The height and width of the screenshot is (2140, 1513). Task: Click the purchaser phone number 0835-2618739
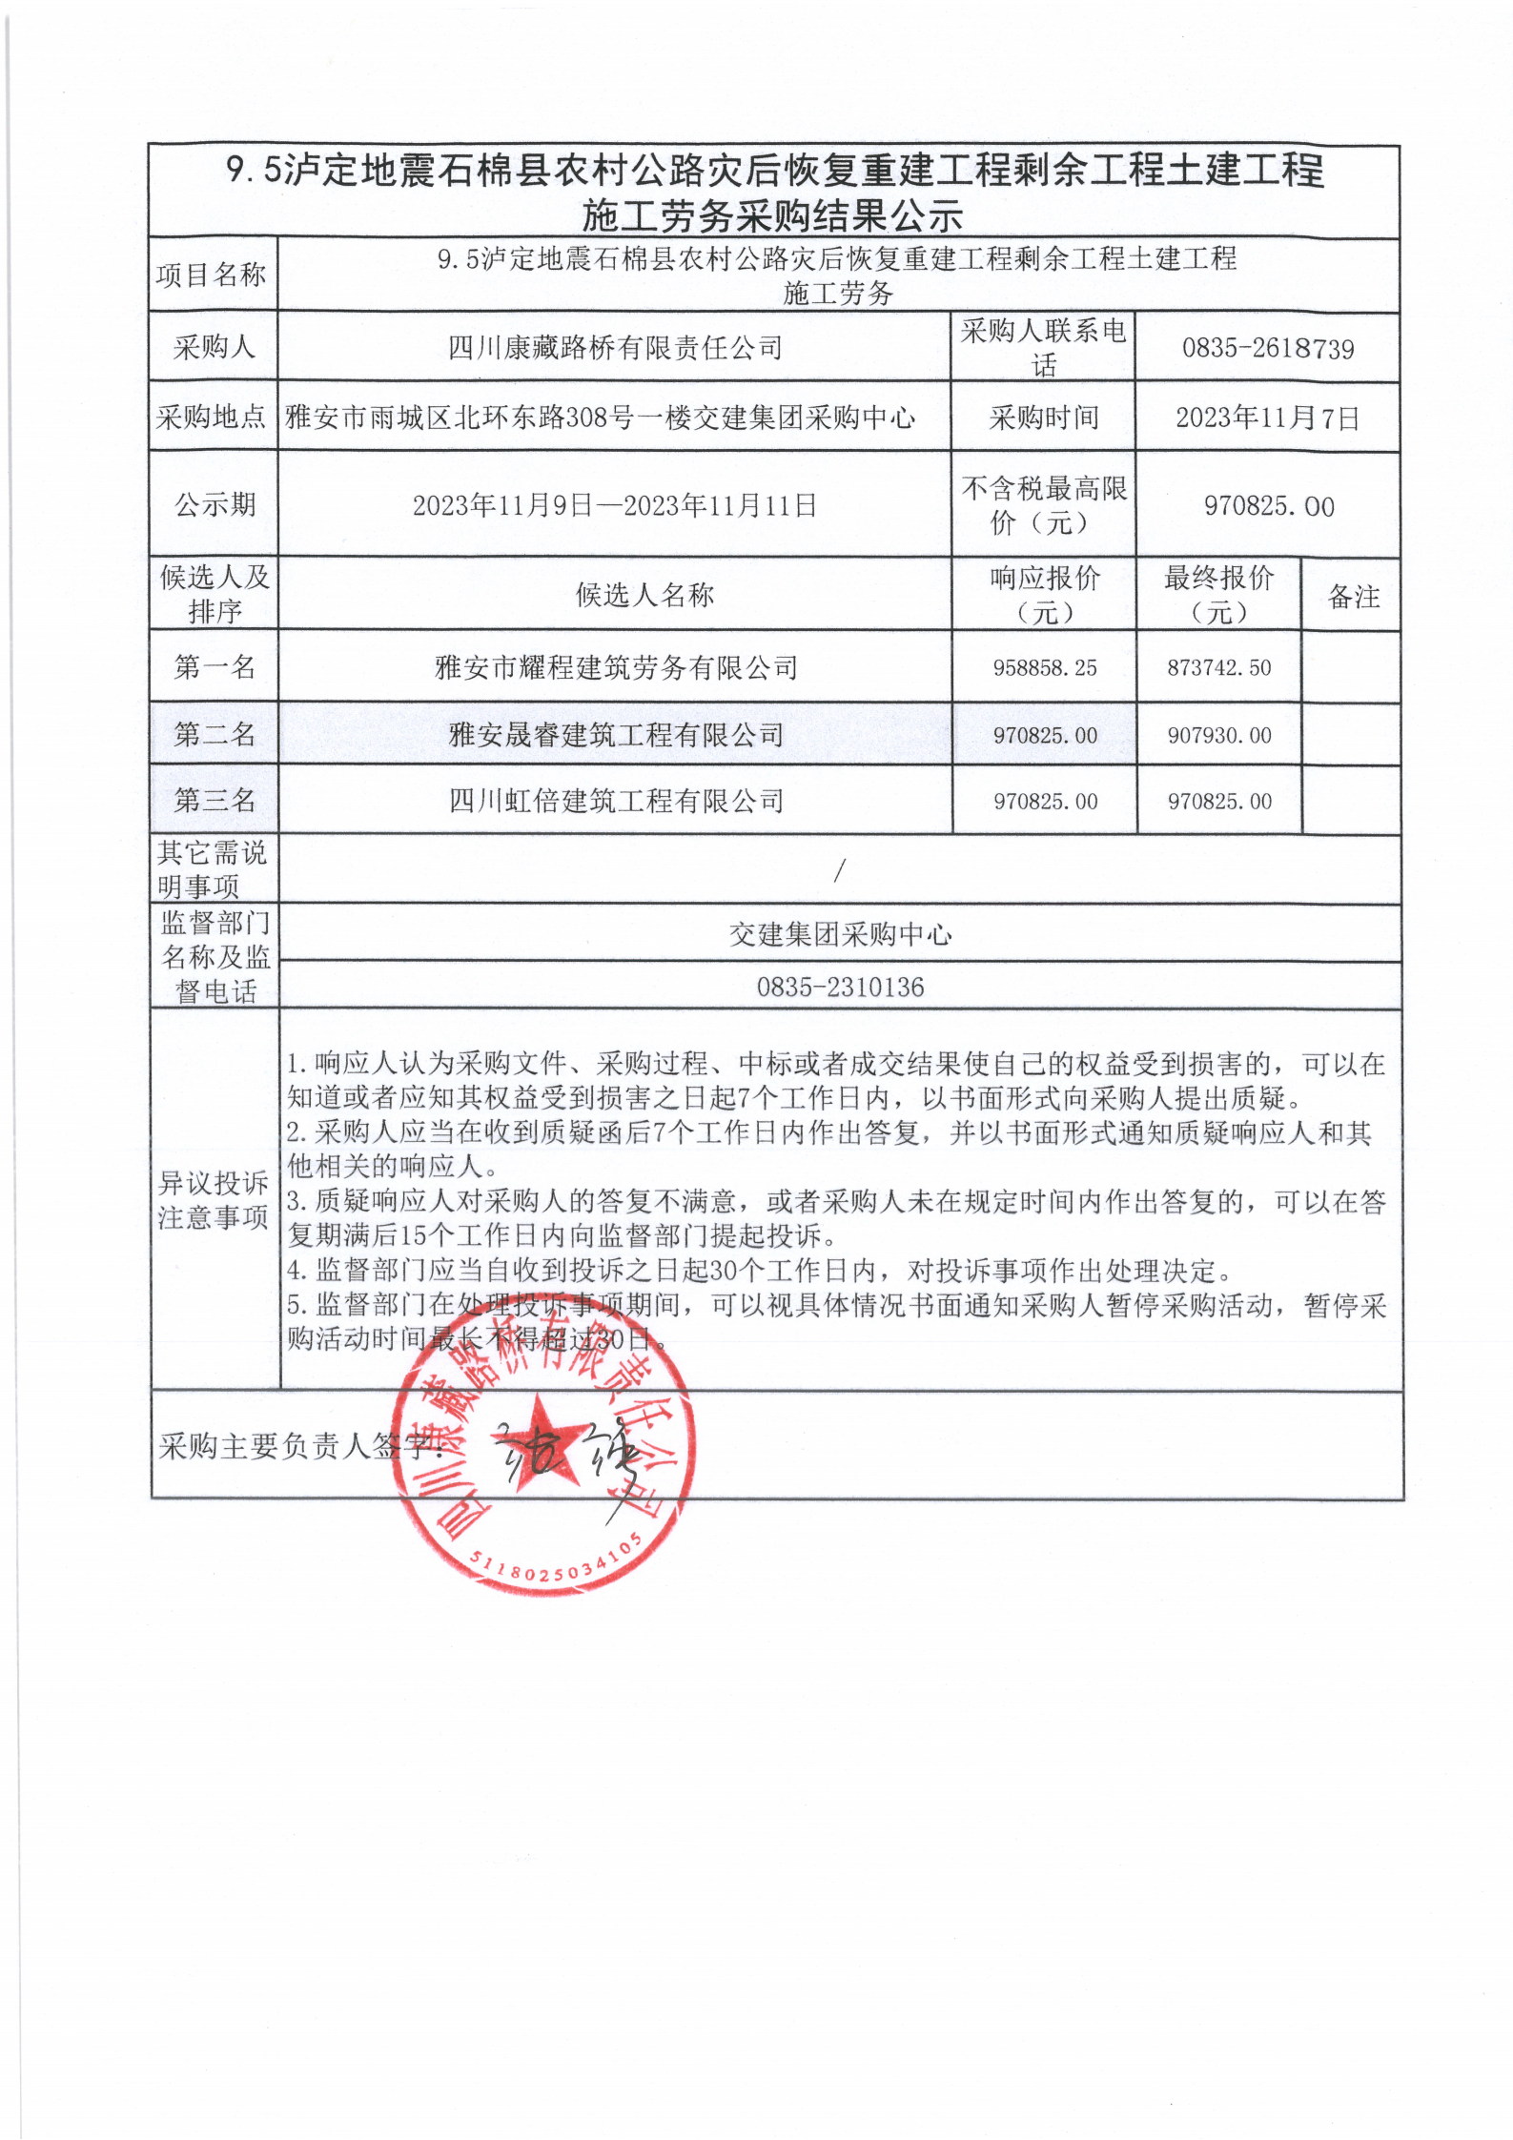(1267, 349)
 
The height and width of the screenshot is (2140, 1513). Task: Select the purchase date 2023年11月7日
(1267, 418)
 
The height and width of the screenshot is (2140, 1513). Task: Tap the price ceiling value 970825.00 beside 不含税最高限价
(1268, 506)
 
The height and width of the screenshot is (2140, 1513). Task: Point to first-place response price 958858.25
(1045, 668)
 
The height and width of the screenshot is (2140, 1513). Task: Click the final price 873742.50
(1219, 668)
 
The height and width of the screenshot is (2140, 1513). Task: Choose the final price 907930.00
(1219, 735)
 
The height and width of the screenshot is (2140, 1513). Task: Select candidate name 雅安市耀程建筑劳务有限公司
(616, 668)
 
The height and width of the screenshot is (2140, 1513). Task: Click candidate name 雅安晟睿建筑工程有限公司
(616, 735)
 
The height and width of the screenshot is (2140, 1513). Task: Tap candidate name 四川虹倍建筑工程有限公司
(616, 801)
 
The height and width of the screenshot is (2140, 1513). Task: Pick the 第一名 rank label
(215, 667)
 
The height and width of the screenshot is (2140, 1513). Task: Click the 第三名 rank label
(215, 801)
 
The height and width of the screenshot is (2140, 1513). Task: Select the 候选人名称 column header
(644, 596)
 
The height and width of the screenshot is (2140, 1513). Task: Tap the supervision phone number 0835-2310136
(840, 987)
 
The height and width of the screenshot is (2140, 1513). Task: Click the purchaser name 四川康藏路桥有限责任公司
(615, 348)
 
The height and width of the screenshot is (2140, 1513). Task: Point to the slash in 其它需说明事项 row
(840, 869)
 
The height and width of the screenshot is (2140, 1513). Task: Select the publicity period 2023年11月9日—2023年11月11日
(615, 505)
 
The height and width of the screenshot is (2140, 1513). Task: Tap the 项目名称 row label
(211, 275)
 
